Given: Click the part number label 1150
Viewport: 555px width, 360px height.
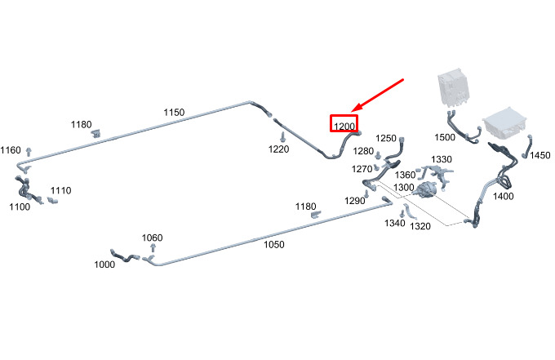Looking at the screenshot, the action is [x=174, y=112].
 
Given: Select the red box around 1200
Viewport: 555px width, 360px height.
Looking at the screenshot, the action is [x=344, y=116].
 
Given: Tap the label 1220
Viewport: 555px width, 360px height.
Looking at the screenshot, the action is [x=278, y=149].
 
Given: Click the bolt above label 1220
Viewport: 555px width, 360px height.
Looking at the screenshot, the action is [x=282, y=136].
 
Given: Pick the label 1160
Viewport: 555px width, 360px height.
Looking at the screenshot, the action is [x=11, y=150].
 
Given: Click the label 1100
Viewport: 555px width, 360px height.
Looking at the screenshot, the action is [x=20, y=207].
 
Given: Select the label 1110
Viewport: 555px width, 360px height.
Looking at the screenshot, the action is [x=61, y=190].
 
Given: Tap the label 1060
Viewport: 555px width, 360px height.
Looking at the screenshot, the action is [x=152, y=238].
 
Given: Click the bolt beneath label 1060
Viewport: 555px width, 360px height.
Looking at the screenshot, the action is [x=153, y=247].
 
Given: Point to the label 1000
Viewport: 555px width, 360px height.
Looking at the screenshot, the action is [x=104, y=264].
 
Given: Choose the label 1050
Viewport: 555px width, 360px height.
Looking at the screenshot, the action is [x=274, y=244].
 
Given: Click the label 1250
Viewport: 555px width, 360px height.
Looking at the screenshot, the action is [x=386, y=138].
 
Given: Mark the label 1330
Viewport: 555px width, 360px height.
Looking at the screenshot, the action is [x=442, y=159].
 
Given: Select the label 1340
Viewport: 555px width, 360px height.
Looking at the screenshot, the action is [x=395, y=223].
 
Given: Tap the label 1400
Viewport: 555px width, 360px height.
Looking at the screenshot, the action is [x=504, y=196].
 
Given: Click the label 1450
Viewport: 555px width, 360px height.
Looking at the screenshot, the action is [x=539, y=155].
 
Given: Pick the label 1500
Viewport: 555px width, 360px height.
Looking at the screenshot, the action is [x=445, y=137].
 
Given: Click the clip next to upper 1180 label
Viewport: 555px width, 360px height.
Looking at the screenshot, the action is [x=96, y=133].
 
